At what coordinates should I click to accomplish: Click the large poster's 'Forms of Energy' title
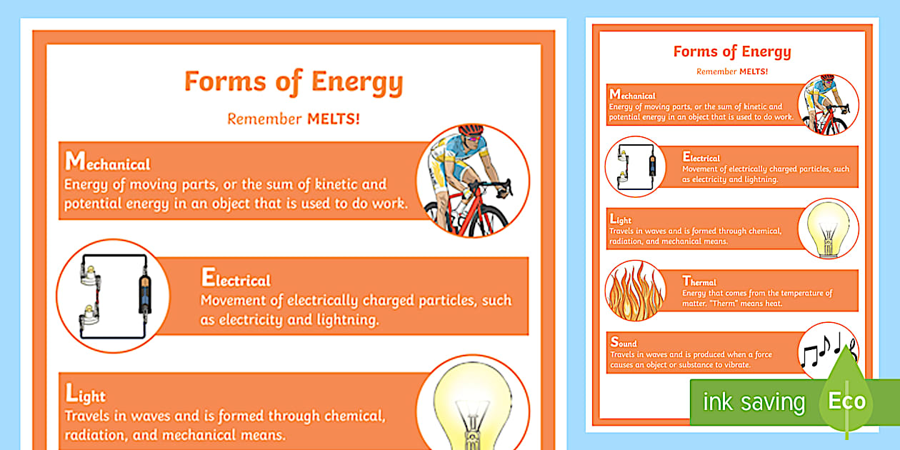pyautogui.click(x=294, y=82)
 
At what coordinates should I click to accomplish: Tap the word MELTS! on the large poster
pyautogui.click(x=334, y=119)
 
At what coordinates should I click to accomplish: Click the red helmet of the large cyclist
pyautogui.click(x=470, y=131)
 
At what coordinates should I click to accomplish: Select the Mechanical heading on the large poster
pyautogui.click(x=107, y=162)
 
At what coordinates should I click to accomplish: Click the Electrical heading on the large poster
pyautogui.click(x=236, y=278)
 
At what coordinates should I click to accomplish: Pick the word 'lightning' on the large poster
pyautogui.click(x=342, y=320)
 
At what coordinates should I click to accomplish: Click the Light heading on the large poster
pyautogui.click(x=85, y=394)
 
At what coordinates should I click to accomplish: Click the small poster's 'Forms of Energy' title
pyautogui.click(x=732, y=51)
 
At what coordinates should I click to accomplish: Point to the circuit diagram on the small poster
pyautogui.click(x=635, y=167)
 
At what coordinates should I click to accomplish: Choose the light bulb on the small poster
pyautogui.click(x=828, y=228)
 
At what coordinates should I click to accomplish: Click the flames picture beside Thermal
pyautogui.click(x=635, y=290)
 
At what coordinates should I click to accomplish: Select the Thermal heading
pyautogui.click(x=699, y=281)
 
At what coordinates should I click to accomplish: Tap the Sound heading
pyautogui.click(x=623, y=343)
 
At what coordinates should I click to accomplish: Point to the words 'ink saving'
pyautogui.click(x=753, y=401)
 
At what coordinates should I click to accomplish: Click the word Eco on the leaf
pyautogui.click(x=847, y=401)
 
